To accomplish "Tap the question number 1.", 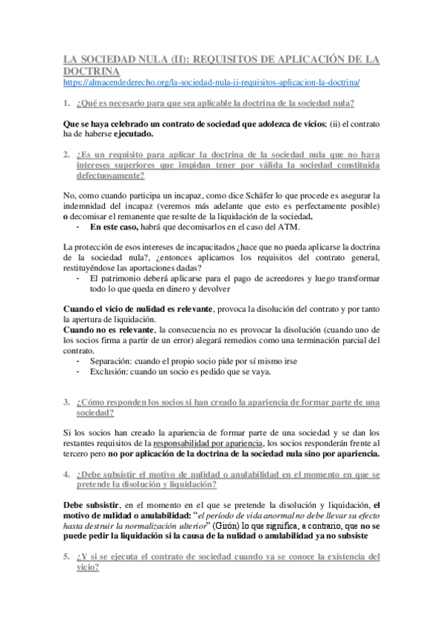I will click(67, 102).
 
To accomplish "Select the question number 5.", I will click(67, 555).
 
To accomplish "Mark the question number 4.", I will click(67, 474).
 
